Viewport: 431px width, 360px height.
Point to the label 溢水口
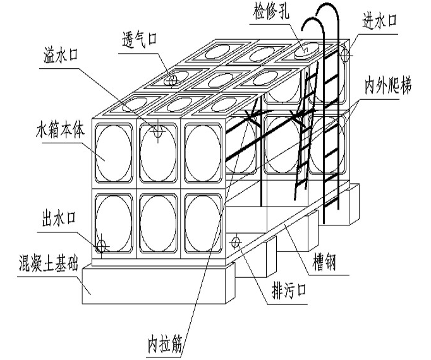[60, 54]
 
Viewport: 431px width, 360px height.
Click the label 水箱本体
[58, 133]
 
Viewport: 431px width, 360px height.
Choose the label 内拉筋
[163, 345]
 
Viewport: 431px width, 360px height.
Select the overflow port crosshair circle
[158, 131]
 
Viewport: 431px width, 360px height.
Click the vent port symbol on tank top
[171, 81]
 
